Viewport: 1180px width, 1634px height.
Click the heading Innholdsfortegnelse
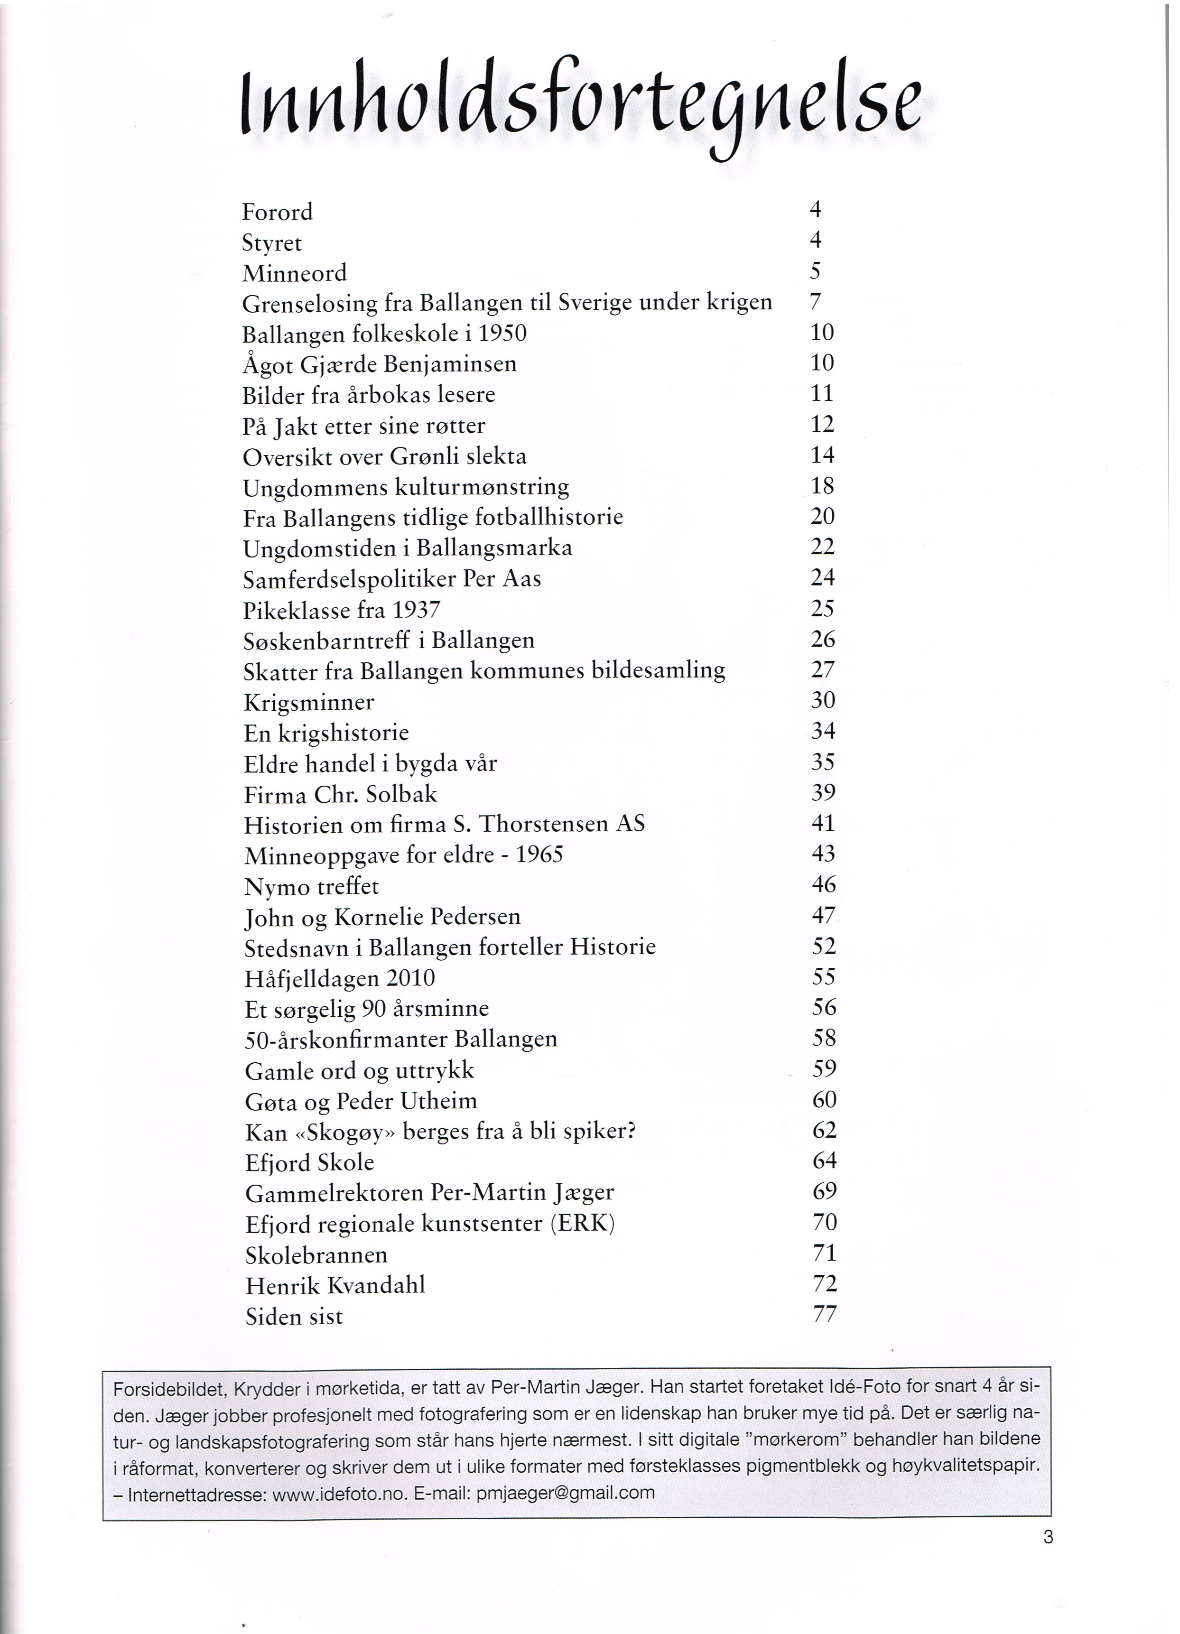tap(581, 104)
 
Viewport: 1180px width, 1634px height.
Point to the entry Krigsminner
tap(309, 703)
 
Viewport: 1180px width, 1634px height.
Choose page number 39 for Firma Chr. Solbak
tap(823, 792)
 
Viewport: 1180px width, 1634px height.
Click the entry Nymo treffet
tap(311, 886)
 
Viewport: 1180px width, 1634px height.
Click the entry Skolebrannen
tap(316, 1255)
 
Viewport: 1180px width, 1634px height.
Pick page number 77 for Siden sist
tap(825, 1314)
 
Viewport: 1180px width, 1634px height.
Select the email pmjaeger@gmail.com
tap(566, 1493)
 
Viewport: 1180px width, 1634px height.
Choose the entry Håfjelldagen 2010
tap(340, 978)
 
